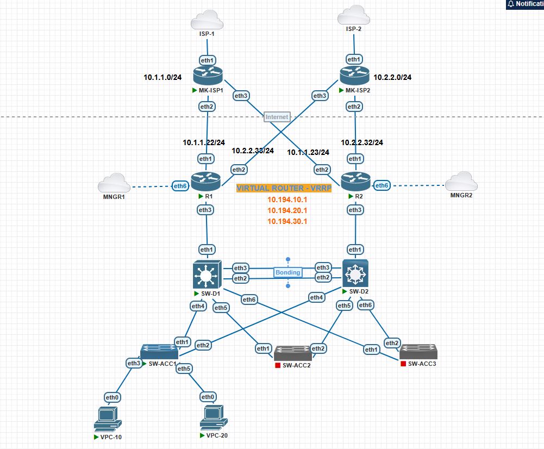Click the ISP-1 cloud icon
(x=207, y=22)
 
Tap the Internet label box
(x=277, y=117)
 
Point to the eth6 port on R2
(x=383, y=185)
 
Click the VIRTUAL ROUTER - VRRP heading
(x=276, y=188)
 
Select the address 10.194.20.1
(x=287, y=210)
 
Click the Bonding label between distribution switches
(x=287, y=272)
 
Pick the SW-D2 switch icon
(x=355, y=273)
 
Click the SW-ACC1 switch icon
(x=159, y=351)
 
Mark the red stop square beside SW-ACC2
(x=278, y=365)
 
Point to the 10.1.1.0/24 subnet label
(x=162, y=78)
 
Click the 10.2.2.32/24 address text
(x=362, y=142)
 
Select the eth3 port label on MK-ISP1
(x=241, y=96)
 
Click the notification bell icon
(x=510, y=4)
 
